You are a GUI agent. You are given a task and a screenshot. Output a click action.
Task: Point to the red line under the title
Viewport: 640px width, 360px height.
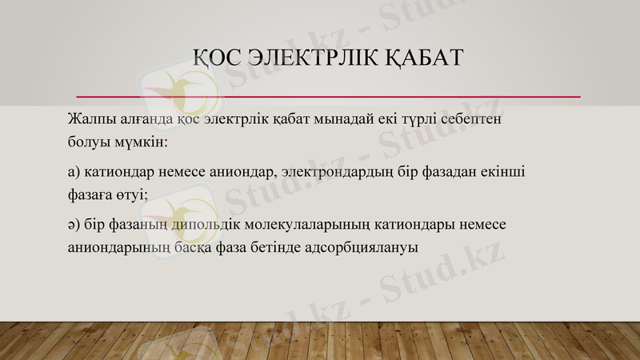(328, 97)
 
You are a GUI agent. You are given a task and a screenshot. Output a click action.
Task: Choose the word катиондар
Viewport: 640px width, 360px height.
(119, 172)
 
